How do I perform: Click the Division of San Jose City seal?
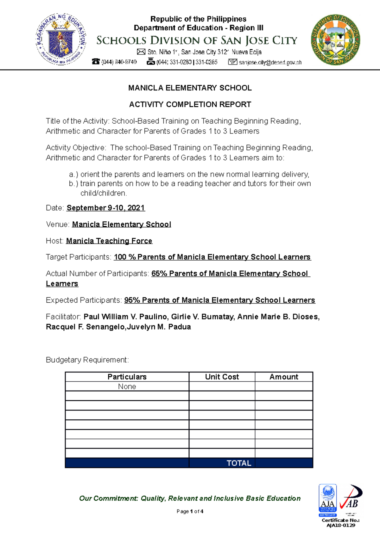point(336,40)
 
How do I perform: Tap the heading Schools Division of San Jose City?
point(197,40)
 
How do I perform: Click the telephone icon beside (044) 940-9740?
point(96,62)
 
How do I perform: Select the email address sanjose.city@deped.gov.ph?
point(270,63)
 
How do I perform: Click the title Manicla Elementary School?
point(190,88)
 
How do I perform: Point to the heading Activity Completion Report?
point(190,104)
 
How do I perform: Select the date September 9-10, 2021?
point(106,208)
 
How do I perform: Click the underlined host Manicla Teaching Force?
point(109,241)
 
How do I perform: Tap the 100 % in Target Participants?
point(125,257)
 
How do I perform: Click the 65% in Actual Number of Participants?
point(159,274)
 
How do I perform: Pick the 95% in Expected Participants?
point(132,300)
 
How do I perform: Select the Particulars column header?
point(127,377)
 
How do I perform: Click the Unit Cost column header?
point(222,377)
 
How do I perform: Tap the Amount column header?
point(284,377)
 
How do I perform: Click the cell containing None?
point(127,386)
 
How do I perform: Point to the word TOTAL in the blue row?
point(239,463)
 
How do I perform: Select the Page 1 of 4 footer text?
point(190,511)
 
